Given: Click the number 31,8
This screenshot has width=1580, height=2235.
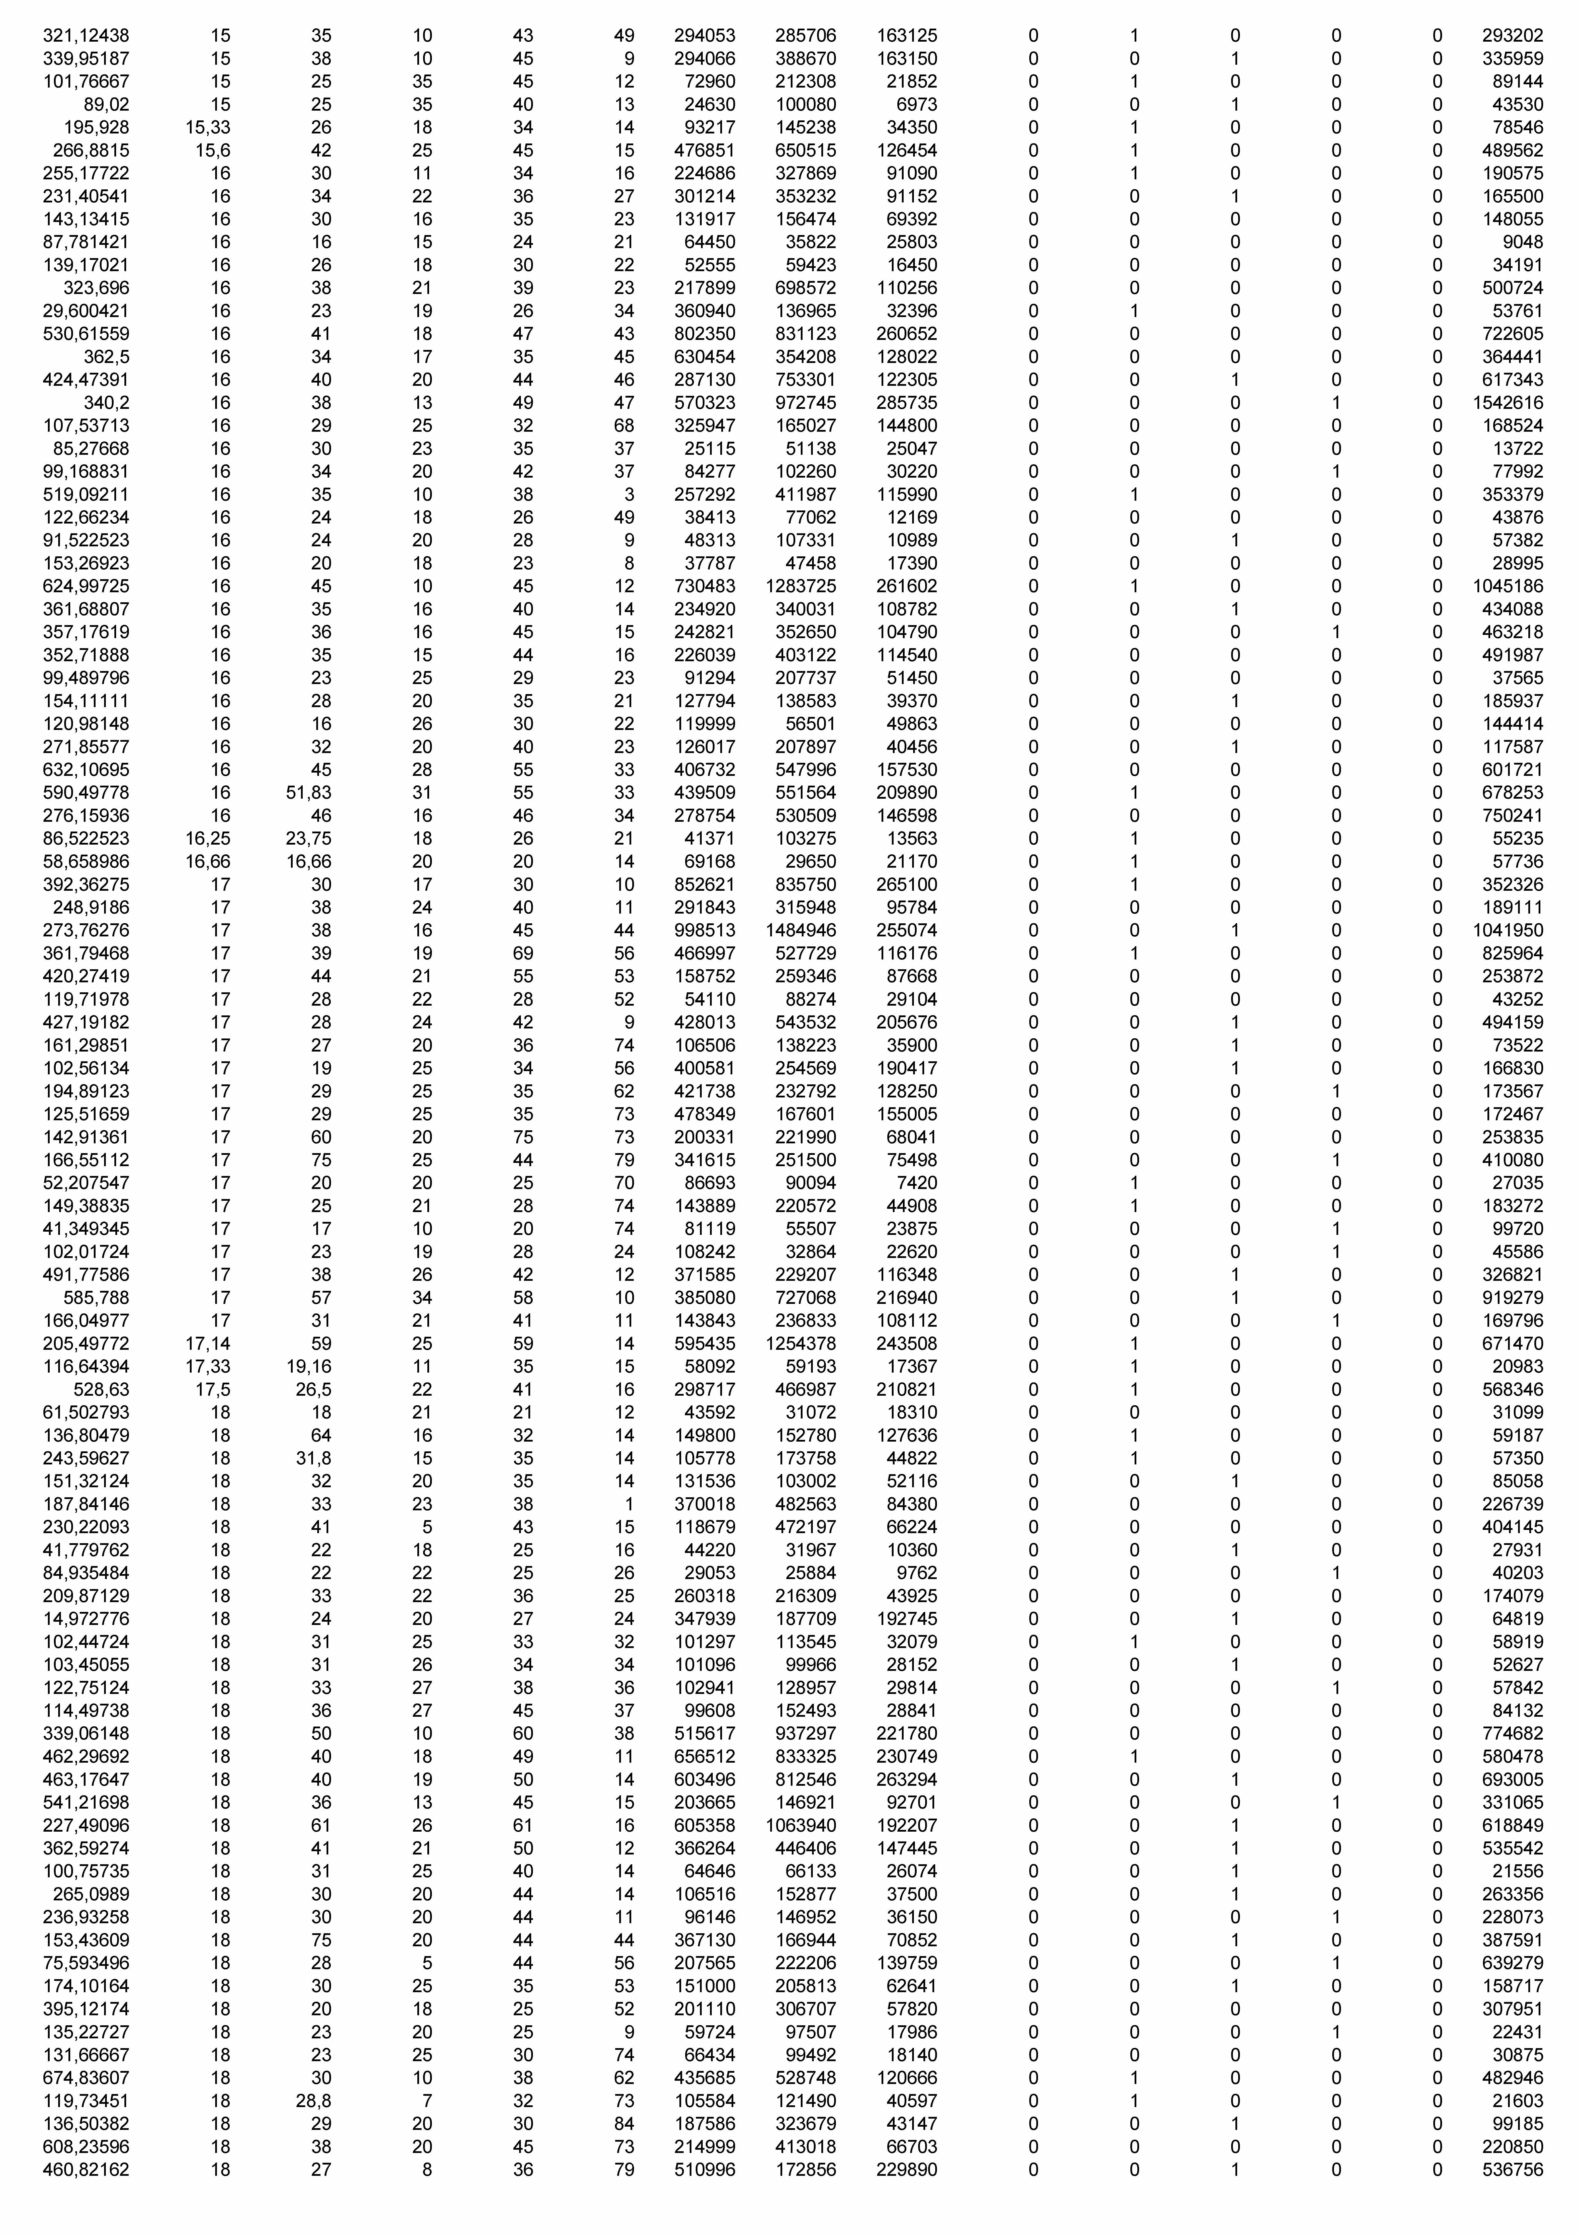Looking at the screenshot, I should pyautogui.click(x=313, y=1458).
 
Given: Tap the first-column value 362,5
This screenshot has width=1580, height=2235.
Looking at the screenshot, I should pyautogui.click(x=106, y=356).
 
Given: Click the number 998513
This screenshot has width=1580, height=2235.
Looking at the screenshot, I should pyautogui.click(x=705, y=931).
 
